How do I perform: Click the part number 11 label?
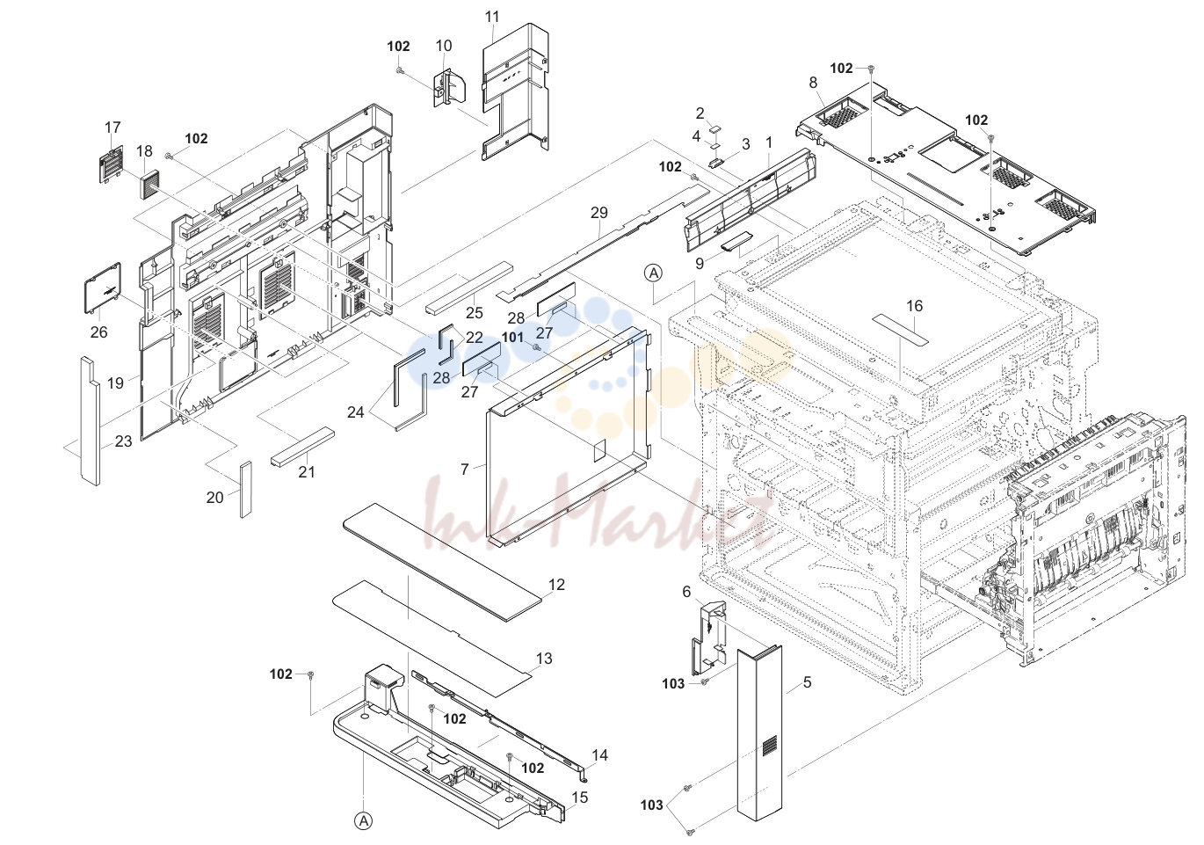492,18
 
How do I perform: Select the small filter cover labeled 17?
112,164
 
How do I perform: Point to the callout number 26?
99,331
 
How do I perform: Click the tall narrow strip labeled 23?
91,420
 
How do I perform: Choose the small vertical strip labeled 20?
246,490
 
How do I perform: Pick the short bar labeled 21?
302,448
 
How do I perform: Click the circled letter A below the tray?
364,821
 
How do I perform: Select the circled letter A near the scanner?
654,273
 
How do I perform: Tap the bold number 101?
512,337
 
